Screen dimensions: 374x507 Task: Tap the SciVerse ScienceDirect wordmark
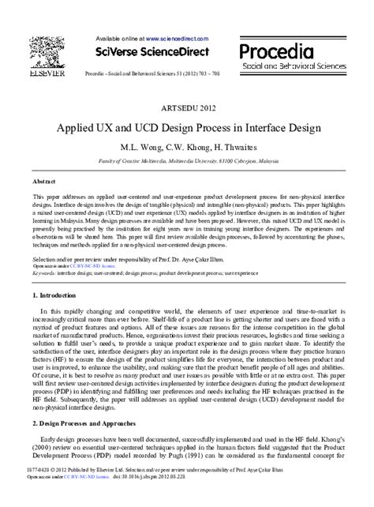click(x=152, y=53)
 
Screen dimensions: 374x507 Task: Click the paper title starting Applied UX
click(x=187, y=126)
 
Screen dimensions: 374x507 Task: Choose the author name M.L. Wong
click(x=139, y=148)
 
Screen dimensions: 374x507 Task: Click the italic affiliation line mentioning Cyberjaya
click(x=187, y=160)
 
